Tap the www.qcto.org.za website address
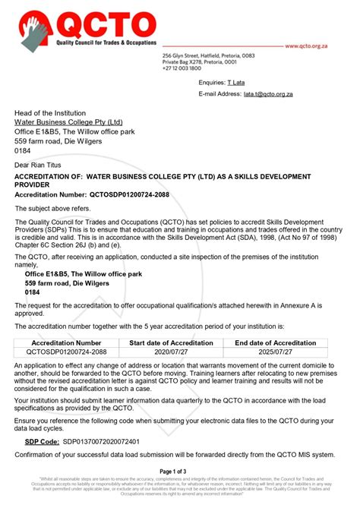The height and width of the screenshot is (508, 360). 316,46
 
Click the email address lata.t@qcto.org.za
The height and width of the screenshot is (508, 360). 268,94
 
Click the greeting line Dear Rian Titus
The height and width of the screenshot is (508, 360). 43,164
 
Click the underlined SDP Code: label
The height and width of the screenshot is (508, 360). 37,440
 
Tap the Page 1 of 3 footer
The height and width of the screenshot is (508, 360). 179,472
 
